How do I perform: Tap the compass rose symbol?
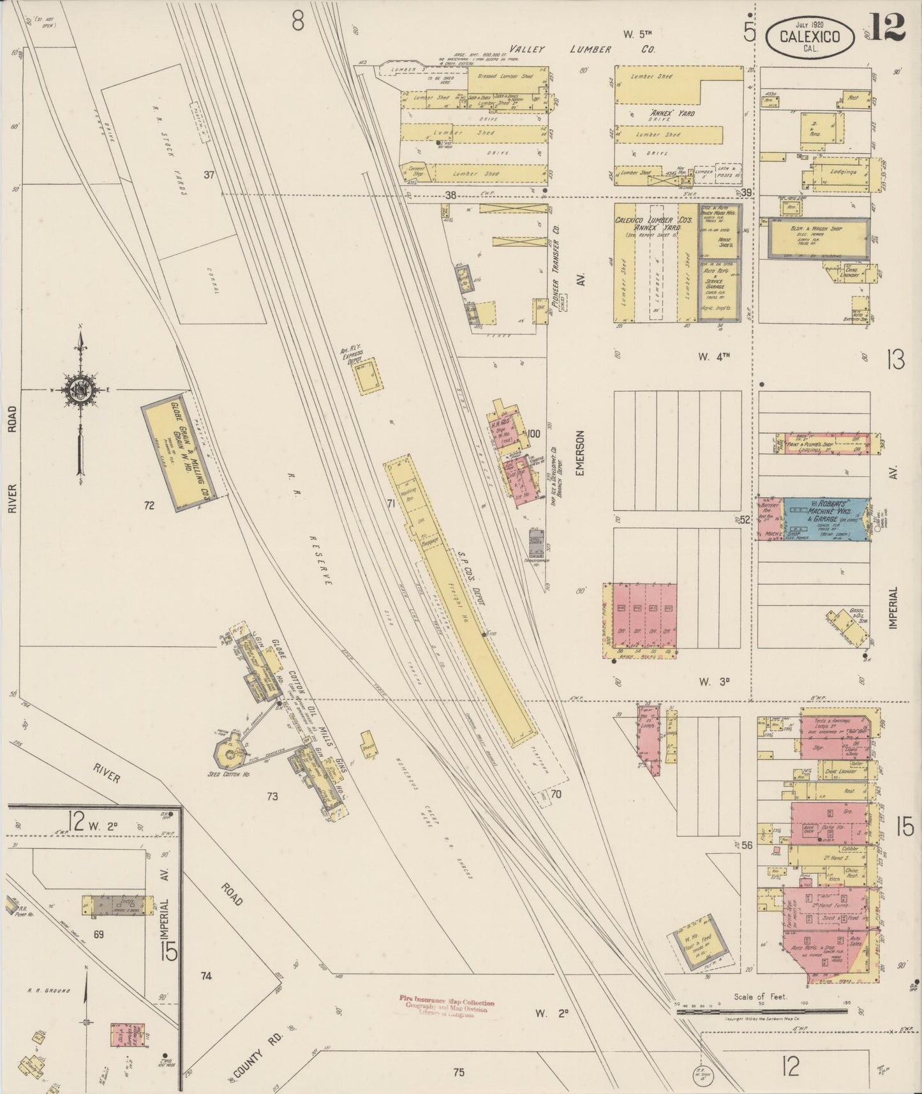80,391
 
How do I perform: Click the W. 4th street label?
713,357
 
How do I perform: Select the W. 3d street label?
713,682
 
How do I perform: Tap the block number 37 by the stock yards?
208,175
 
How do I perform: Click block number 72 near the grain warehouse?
149,506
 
